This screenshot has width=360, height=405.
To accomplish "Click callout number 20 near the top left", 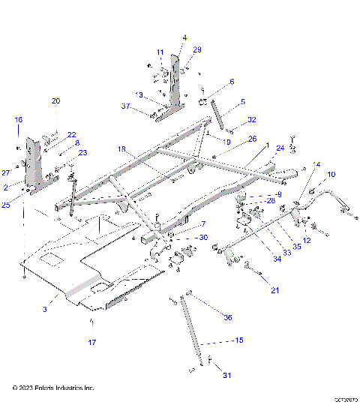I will (x=55, y=101).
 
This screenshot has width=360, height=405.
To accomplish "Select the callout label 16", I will (x=19, y=119).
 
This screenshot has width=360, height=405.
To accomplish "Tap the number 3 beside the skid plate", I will (x=44, y=307).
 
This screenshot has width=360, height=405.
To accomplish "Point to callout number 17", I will (x=93, y=343).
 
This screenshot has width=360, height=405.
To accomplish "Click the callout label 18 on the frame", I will (x=121, y=149).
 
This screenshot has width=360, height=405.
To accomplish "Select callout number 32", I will (x=252, y=119).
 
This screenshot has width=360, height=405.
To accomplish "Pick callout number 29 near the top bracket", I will (x=197, y=49).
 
